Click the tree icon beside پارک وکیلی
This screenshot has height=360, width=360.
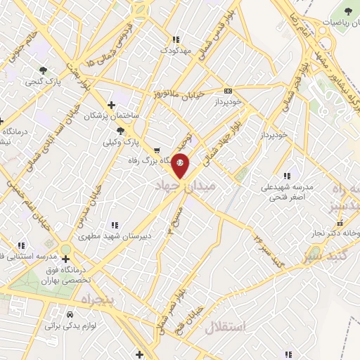point(121,131)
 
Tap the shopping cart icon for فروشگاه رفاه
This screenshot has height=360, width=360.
point(156,150)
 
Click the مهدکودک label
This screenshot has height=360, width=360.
point(175,51)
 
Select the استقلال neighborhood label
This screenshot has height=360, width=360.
point(226,326)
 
